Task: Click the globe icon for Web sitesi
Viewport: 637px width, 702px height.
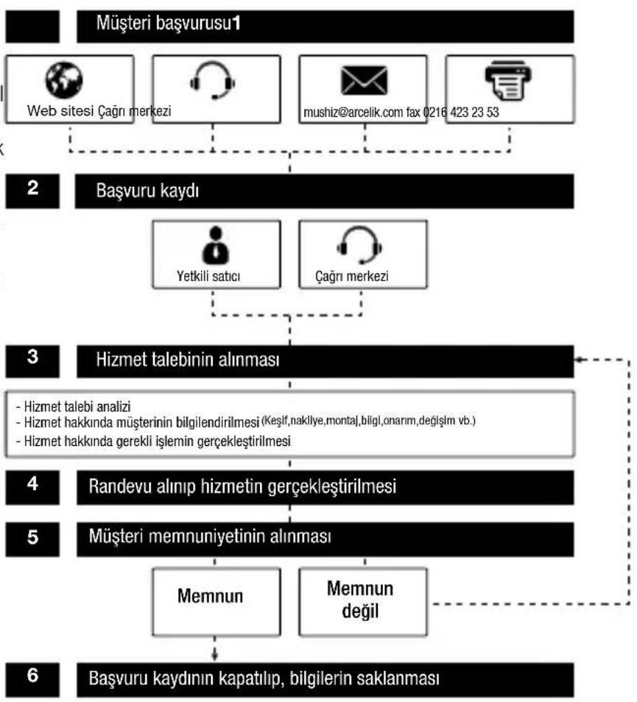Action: pos(64,80)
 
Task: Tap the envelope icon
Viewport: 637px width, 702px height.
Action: pos(364,81)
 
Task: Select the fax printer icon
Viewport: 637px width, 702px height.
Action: pos(508,81)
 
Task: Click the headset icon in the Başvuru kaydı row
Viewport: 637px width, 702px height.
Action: pos(359,245)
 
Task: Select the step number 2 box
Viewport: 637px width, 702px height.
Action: pos(32,191)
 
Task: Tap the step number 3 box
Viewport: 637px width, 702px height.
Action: pos(32,361)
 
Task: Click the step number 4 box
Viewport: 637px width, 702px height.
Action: pos(32,487)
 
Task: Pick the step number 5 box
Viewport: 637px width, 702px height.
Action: pos(32,539)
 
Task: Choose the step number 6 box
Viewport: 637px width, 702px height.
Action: pos(32,680)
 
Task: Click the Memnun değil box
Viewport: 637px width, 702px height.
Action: pos(363,602)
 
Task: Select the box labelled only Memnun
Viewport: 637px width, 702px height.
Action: pos(217,602)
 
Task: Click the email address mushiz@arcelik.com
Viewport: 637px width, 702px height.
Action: pos(353,113)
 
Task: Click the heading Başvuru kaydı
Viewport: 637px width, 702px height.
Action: pos(147,191)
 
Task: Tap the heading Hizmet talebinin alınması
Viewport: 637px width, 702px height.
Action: pos(188,360)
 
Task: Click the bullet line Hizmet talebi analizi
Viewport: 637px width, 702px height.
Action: pos(73,406)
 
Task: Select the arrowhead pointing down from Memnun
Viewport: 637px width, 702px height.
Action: pos(214,656)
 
